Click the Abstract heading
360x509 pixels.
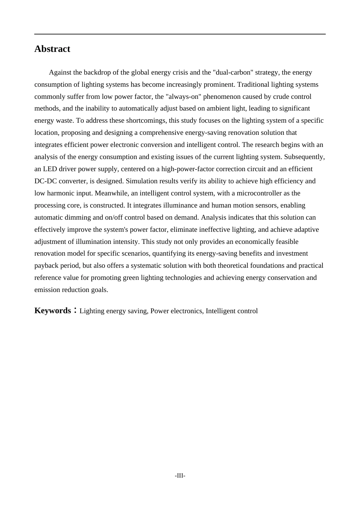52,49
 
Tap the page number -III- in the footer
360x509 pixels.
180,476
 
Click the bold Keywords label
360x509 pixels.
53,311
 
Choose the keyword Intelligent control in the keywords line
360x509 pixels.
232,311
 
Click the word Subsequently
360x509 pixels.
304,157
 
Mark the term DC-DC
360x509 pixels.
45,181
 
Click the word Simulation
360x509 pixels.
141,181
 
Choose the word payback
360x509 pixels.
47,265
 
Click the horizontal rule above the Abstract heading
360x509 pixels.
180,34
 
